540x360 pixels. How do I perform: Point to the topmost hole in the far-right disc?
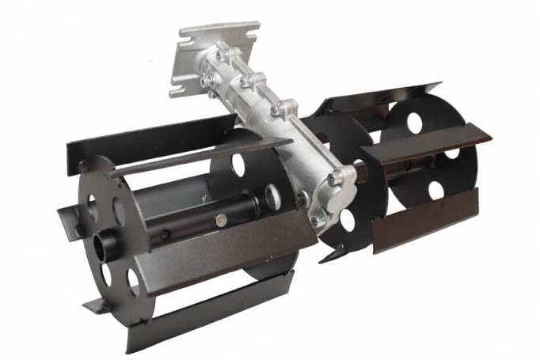(x=414, y=122)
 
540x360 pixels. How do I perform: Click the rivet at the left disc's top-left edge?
(x=82, y=166)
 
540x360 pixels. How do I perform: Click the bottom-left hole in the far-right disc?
(x=435, y=190)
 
